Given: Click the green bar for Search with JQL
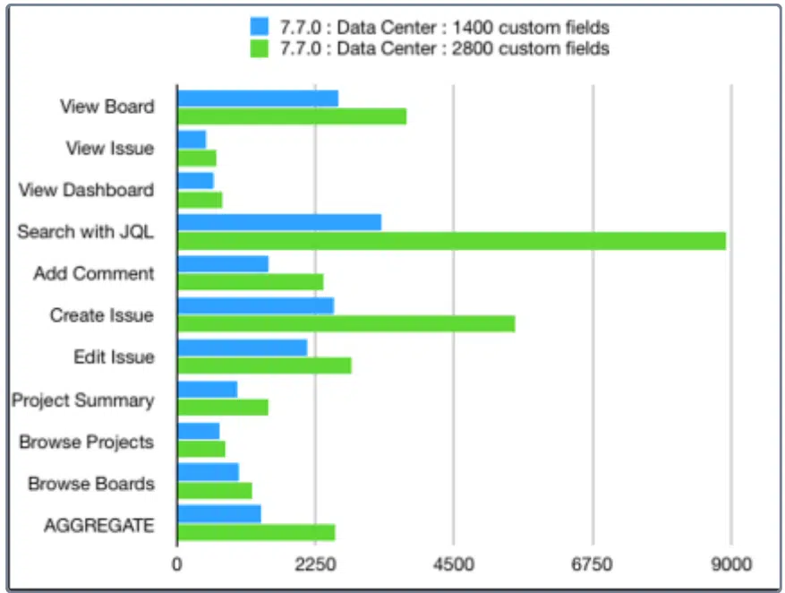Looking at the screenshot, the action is [x=452, y=241].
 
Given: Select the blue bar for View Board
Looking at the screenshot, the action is [x=258, y=99].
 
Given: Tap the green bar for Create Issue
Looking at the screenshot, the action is [x=346, y=324].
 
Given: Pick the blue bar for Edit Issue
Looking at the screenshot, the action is [x=243, y=348].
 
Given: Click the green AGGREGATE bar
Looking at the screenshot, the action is [x=256, y=532].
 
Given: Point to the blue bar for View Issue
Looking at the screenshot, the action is [x=192, y=139].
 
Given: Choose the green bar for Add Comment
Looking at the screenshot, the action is [x=251, y=282].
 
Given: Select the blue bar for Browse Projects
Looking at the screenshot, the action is [x=199, y=431].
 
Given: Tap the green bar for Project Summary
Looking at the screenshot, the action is [x=223, y=408].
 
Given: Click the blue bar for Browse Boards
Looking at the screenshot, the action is [x=209, y=472].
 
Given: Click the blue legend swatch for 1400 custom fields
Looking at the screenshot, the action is [x=260, y=26].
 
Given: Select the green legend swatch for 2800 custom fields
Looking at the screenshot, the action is [x=260, y=48].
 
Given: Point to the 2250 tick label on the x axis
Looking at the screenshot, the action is [x=315, y=564].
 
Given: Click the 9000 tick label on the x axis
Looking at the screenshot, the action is [x=731, y=564].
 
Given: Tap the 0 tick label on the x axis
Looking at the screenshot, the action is [x=176, y=564].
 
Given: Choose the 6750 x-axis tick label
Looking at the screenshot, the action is [x=592, y=564].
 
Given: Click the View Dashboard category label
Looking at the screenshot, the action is [x=86, y=190].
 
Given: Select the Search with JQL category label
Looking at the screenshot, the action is [x=86, y=231].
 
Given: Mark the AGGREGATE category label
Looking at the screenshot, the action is [x=99, y=526].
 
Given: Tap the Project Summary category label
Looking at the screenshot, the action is [x=83, y=400].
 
